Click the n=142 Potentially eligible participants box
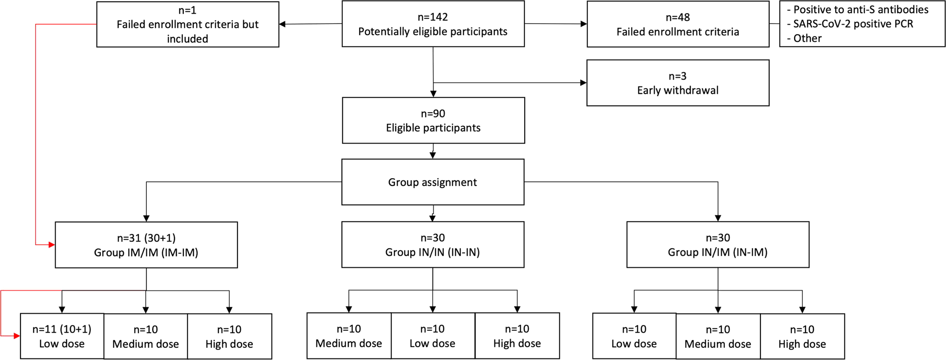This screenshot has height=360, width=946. tap(433, 24)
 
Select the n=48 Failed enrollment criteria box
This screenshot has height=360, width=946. tap(677, 24)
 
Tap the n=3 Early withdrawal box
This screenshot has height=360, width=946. tap(677, 83)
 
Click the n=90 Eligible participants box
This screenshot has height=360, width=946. tap(433, 120)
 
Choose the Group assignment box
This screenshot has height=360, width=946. tap(433, 182)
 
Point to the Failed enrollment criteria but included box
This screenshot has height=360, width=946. tap(187, 24)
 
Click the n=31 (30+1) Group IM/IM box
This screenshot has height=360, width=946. tap(146, 245)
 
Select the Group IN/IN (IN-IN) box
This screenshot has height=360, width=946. tap(433, 244)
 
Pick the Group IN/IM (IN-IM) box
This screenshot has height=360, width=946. tap(718, 244)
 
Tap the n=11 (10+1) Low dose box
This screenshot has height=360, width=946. tap(62, 336)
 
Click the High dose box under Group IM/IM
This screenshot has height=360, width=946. tap(229, 336)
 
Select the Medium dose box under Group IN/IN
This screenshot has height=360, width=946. tap(349, 336)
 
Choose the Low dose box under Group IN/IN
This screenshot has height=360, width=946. tap(432, 336)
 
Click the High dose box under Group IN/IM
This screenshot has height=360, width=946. tap(802, 336)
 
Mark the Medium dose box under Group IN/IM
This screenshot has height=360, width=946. tap(718, 336)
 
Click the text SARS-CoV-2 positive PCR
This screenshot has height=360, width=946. tap(853, 24)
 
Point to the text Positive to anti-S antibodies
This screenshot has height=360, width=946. tap(860, 10)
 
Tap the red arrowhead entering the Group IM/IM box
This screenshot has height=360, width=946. tap(52, 245)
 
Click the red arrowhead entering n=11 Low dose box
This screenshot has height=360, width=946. tap(17, 336)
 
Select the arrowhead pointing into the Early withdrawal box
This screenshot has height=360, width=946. tap(583, 82)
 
